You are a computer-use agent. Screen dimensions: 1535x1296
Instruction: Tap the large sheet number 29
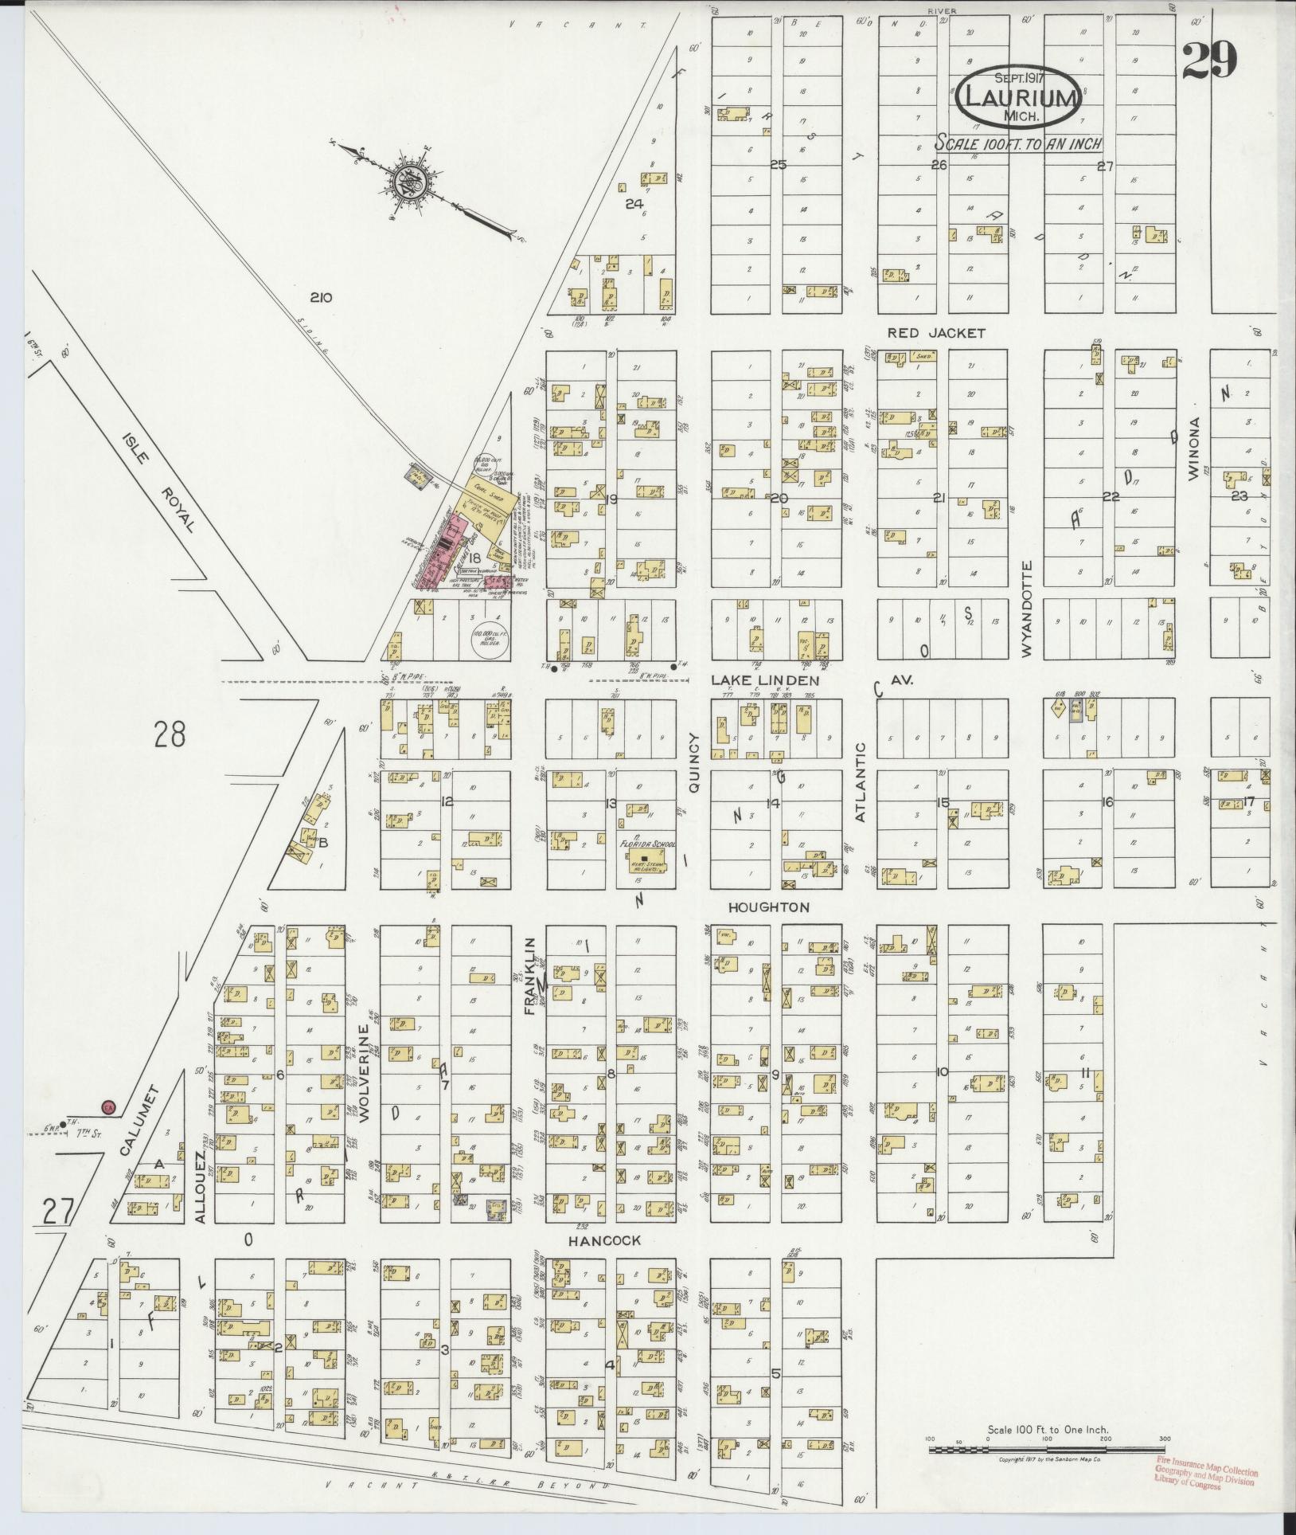tap(1208, 61)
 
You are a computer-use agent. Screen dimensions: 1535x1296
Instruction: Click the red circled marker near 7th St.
tap(108, 1106)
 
